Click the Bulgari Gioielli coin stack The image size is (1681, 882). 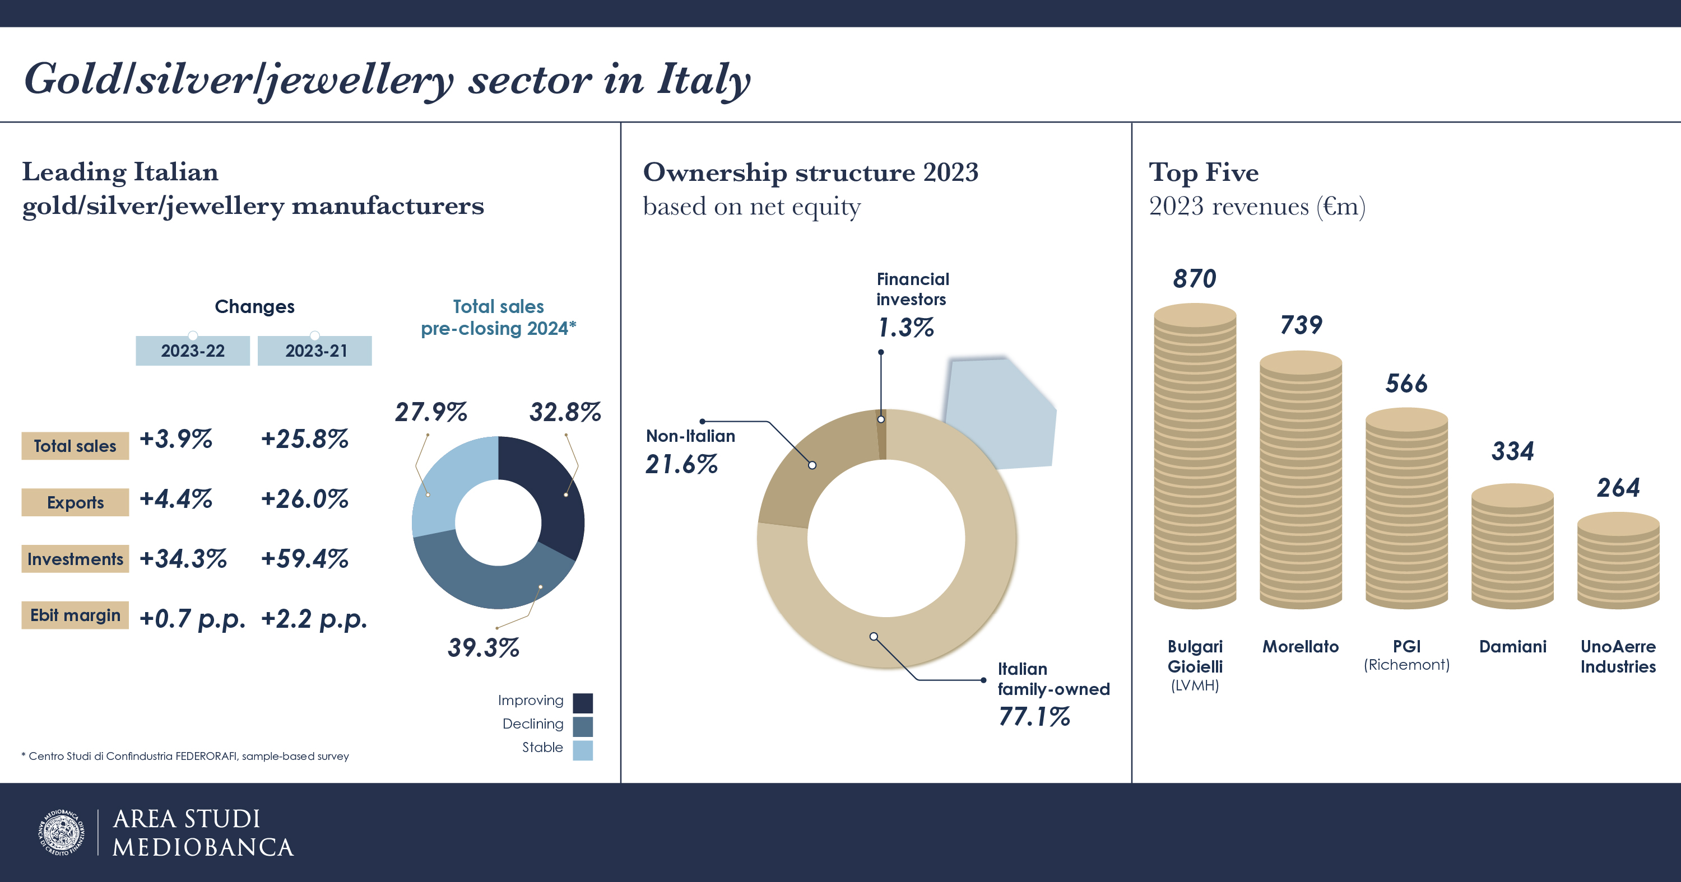point(1195,456)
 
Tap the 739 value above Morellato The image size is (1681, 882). point(1301,325)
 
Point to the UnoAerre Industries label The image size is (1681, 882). point(1618,656)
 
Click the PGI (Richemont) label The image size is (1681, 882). point(1406,655)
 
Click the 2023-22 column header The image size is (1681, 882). point(193,351)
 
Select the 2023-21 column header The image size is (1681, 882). point(315,351)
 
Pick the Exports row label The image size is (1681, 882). point(75,502)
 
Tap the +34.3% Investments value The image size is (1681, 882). point(183,559)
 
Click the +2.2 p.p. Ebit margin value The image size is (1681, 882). point(314,618)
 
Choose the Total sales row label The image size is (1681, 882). point(75,446)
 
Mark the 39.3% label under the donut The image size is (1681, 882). point(483,648)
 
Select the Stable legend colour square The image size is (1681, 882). point(583,750)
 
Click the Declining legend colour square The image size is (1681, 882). point(583,726)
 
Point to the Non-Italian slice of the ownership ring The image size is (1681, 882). point(809,470)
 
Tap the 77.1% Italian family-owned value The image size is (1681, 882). point(1034,717)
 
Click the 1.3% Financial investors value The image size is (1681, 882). point(905,328)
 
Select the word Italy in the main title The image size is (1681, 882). point(703,80)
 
